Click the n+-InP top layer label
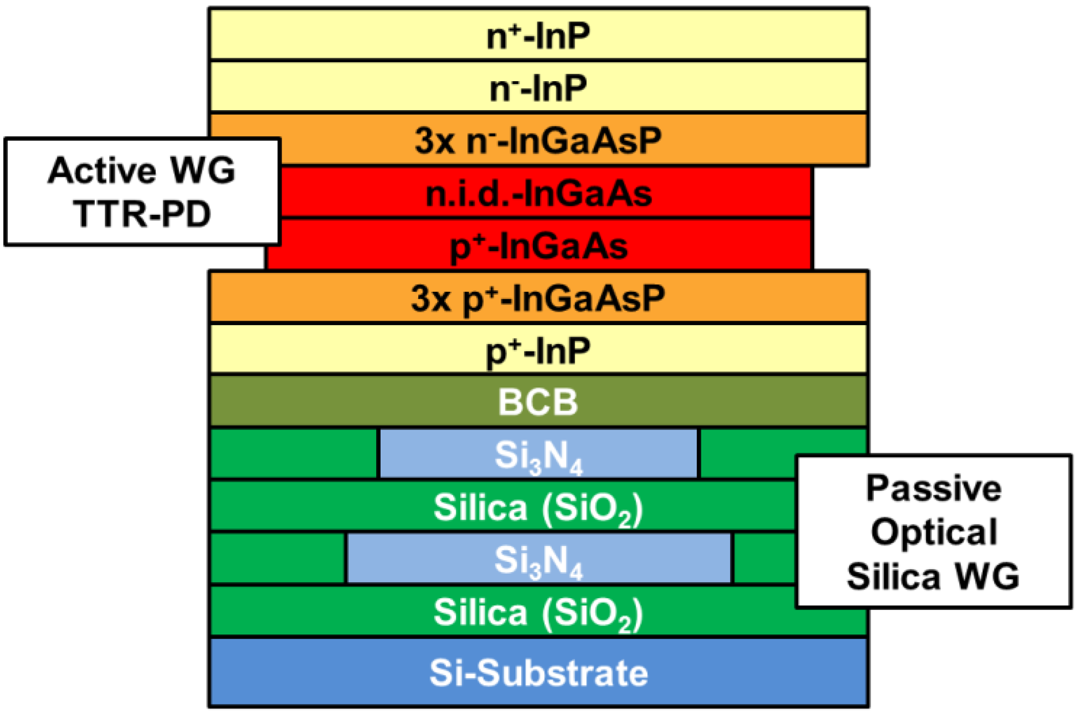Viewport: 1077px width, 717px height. tap(538, 36)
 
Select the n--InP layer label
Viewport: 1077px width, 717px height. tap(538, 88)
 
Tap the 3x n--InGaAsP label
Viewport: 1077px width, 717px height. tap(538, 141)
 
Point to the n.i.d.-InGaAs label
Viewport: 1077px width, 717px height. tap(538, 194)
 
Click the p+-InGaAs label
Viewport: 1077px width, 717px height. tap(538, 246)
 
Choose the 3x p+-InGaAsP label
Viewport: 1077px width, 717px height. tap(538, 298)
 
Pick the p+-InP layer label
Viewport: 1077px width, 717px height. tap(538, 350)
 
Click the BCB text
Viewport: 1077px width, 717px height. tap(538, 402)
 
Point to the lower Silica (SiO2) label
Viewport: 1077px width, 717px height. tap(538, 612)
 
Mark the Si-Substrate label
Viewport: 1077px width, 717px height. tap(538, 673)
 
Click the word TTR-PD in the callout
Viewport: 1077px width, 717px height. tap(142, 214)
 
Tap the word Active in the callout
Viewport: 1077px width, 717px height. tap(102, 171)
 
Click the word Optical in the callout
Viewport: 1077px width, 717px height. tap(934, 532)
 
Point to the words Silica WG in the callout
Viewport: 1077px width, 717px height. tap(934, 576)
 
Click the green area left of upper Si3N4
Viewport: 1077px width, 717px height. tap(294, 453)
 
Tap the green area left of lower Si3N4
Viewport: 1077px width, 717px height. tap(278, 559)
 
